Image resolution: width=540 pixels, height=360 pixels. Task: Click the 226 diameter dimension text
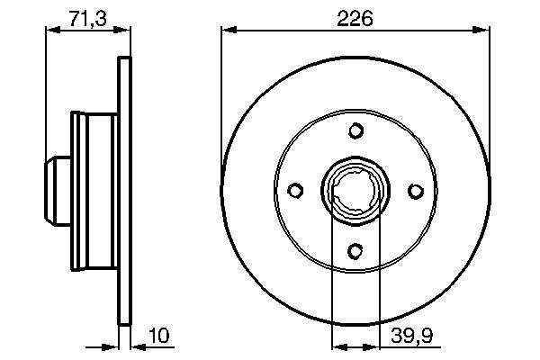coord(356,17)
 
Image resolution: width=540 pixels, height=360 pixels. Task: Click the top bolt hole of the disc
coord(355,130)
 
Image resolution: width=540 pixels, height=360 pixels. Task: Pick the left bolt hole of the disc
coord(296,190)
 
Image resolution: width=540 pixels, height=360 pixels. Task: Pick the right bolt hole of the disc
coord(415,190)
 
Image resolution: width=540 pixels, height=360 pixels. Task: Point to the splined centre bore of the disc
coord(355,190)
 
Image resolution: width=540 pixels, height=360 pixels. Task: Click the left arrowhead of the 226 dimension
coord(228,31)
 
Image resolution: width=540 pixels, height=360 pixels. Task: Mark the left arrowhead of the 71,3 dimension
coord(51,31)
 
